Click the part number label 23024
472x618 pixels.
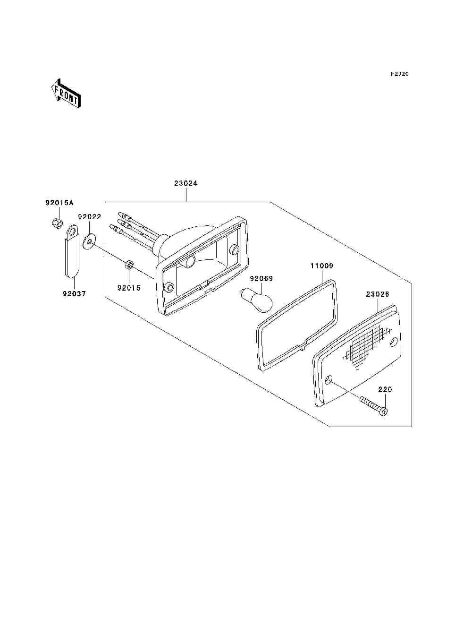185,183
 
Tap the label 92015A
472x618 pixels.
59,203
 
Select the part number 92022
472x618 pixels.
90,217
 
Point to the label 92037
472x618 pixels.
74,294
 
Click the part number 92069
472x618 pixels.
261,278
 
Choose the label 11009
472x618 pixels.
322,266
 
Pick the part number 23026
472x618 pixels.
378,294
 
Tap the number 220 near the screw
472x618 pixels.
385,390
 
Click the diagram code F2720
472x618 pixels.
399,74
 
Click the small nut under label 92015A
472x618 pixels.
58,224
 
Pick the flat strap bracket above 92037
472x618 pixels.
72,250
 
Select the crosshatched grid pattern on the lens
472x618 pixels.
367,348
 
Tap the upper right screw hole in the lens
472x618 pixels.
394,343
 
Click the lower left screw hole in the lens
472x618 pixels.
329,379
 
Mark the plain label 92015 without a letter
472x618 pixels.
129,288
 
